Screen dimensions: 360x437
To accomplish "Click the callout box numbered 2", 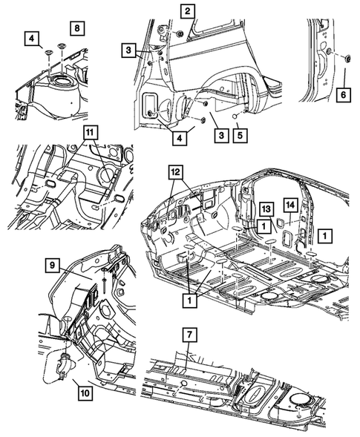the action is click(187, 11).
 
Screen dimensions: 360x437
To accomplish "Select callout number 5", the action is click(240, 135).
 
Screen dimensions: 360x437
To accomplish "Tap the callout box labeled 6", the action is click(344, 95).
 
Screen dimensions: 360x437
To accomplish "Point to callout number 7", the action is click(189, 335).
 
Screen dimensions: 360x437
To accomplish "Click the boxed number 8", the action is click(77, 28).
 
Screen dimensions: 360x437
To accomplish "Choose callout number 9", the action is click(53, 266).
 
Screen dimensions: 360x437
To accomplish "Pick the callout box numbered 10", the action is click(85, 393).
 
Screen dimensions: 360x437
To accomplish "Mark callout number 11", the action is click(89, 133).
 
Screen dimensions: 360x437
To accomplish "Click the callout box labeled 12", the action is click(176, 173).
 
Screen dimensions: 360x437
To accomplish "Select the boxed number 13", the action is click(266, 208).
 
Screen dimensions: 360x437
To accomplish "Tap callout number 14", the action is click(290, 205).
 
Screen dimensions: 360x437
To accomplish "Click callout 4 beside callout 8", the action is click(32, 39).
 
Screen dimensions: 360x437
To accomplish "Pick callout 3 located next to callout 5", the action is click(221, 136).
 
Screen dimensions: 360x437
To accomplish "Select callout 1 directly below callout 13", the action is click(264, 226).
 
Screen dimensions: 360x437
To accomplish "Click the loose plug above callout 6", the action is click(347, 59).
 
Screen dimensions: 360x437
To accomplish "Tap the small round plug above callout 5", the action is click(235, 116).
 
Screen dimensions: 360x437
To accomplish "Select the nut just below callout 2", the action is click(180, 34).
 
